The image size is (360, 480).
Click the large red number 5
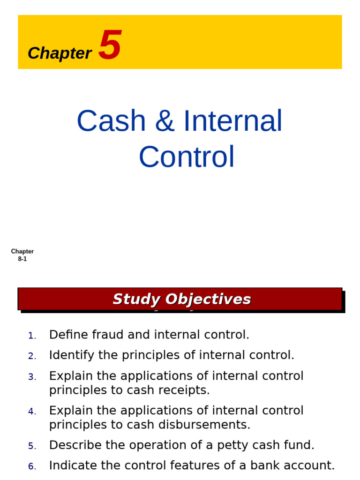point(110,45)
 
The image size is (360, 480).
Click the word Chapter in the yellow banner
point(60,53)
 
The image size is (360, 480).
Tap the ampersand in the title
point(164,121)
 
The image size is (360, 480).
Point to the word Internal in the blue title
point(232,121)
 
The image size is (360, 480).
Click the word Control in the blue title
point(187,157)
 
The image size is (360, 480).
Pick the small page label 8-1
point(22,259)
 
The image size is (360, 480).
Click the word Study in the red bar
point(136,299)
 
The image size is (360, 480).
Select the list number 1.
point(31,336)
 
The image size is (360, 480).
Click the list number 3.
point(31,377)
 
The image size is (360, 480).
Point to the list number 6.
point(32,466)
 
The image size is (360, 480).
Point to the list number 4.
point(31,412)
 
